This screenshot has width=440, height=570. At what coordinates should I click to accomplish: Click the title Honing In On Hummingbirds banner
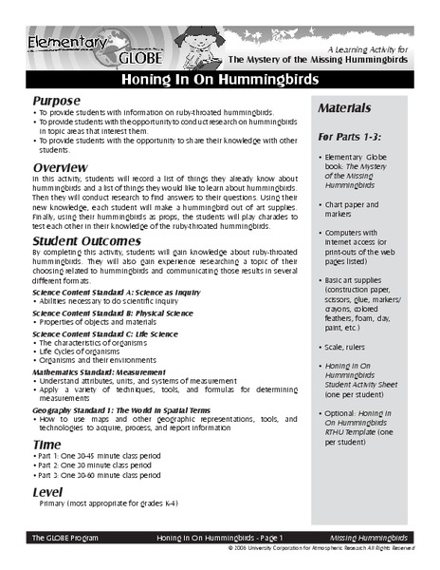click(x=219, y=81)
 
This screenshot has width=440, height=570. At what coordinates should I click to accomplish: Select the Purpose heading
click(x=60, y=100)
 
